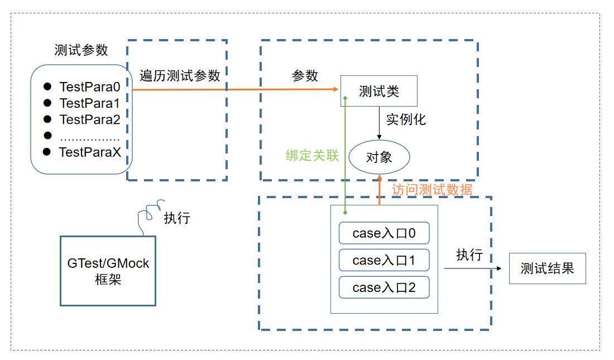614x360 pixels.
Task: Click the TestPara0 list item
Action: [89, 87]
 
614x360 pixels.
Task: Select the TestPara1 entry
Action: [89, 103]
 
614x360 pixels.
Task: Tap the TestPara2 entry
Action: [89, 119]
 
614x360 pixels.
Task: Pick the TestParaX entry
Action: [89, 152]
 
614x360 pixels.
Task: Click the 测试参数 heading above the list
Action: [81, 50]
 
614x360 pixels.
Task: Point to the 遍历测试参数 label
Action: [180, 76]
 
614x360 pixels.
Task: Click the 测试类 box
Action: [378, 91]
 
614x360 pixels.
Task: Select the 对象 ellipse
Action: [379, 157]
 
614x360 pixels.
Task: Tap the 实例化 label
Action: [406, 119]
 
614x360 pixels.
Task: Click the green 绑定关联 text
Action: [312, 156]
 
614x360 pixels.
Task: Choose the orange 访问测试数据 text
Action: [432, 190]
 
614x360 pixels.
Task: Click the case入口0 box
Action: [384, 233]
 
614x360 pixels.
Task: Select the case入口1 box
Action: [384, 260]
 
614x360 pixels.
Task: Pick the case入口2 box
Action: [384, 287]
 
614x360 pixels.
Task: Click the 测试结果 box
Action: [547, 268]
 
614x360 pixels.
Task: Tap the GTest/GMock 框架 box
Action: [108, 271]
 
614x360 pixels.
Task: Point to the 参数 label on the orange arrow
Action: [305, 76]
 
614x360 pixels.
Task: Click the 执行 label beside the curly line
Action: [177, 218]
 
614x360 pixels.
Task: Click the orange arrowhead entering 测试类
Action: [337, 89]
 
